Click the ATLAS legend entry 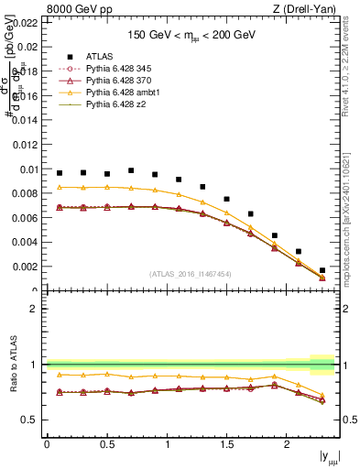pyautogui.click(x=100, y=57)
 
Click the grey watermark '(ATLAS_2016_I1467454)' pyautogui.click(x=190, y=274)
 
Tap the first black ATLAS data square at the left pyautogui.click(x=60, y=173)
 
